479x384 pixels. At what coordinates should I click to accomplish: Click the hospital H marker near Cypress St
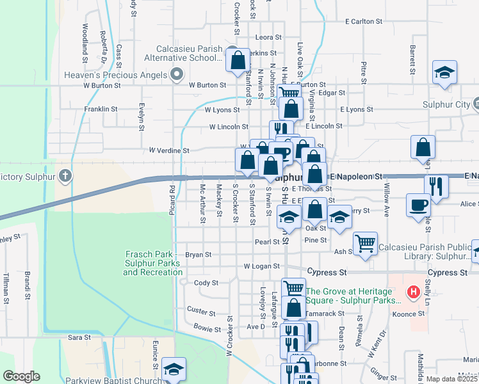414,292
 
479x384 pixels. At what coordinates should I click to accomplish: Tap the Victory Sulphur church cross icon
65,175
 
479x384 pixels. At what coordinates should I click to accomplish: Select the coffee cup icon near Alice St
418,205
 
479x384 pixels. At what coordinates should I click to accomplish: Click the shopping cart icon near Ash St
365,243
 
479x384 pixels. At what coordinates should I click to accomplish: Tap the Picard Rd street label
172,200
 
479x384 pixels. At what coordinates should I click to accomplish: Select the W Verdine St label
169,150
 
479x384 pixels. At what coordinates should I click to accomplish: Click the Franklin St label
101,109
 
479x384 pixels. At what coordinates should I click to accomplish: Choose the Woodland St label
85,38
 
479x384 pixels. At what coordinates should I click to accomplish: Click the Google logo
21,376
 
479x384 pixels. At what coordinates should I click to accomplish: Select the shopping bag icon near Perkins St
238,60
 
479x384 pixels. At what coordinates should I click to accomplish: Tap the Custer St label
201,312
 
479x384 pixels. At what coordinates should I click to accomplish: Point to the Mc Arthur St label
202,204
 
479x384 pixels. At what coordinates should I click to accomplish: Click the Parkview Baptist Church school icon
173,370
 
